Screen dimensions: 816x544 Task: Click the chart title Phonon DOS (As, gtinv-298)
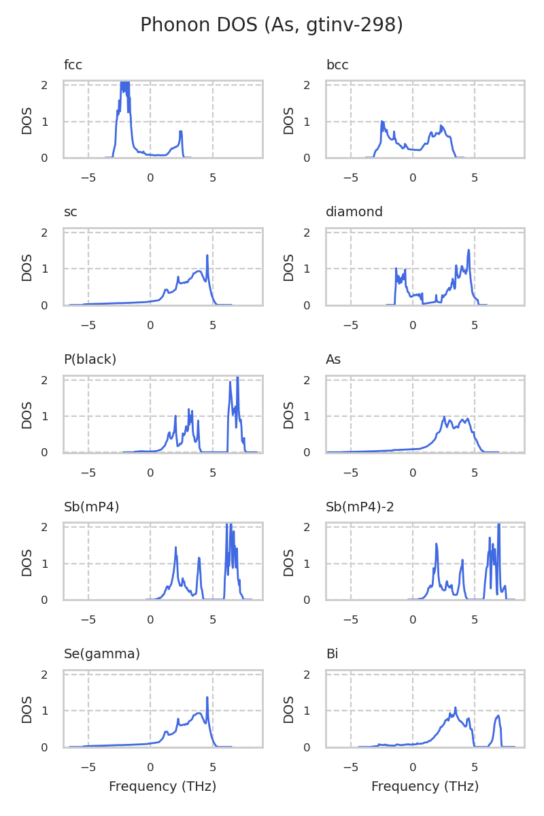271,25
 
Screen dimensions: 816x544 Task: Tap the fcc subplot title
73,65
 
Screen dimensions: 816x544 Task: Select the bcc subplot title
337,65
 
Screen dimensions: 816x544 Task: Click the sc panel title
71,212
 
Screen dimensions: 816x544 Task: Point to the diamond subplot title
354,212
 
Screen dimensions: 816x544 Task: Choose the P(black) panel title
90,360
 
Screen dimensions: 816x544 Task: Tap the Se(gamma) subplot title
102,654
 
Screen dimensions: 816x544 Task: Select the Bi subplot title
332,654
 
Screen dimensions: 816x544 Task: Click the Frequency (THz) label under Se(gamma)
163,787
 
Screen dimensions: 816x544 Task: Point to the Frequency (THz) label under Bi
425,787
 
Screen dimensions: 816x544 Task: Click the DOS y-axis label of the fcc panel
27,120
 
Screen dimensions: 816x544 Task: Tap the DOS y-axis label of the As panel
289,415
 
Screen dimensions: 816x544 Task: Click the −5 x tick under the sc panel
88,325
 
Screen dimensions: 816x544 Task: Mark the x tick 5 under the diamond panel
475,325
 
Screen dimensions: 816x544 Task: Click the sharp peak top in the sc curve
207,256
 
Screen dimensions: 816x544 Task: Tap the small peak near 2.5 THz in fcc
181,131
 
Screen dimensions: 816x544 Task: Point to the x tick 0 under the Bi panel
413,767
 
